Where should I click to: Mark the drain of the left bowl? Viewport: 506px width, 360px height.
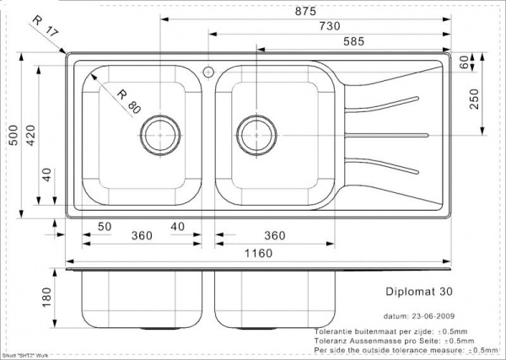click(x=159, y=134)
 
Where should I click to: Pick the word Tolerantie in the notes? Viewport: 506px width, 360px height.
click(x=334, y=331)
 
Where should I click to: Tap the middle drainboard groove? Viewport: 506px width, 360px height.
click(x=388, y=135)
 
